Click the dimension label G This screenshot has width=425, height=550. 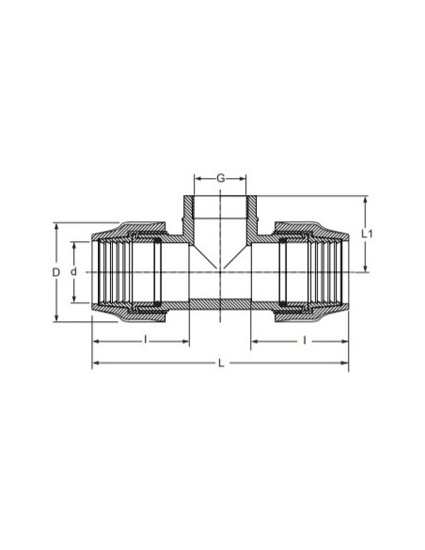[x=221, y=178]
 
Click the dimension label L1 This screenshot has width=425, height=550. [x=368, y=234]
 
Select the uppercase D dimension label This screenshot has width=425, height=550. [x=56, y=272]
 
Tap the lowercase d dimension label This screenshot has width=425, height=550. [x=73, y=271]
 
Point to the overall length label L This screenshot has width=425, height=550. [x=221, y=363]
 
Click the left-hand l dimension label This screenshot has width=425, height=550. [x=146, y=340]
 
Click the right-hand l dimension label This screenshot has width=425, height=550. [x=305, y=340]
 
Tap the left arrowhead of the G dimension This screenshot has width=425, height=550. [x=197, y=179]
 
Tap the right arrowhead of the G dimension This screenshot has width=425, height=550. [x=243, y=179]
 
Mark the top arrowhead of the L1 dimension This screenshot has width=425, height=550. [x=366, y=200]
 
